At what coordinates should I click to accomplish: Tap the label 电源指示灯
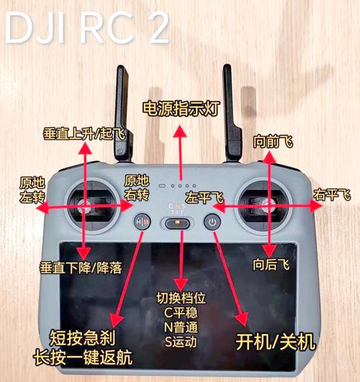click(x=181, y=109)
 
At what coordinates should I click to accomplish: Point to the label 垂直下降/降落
click(x=81, y=267)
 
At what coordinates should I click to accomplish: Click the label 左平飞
click(x=204, y=196)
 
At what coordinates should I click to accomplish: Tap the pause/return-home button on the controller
click(x=143, y=223)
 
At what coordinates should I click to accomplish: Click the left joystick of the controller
click(x=86, y=208)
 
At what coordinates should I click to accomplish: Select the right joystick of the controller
click(x=268, y=207)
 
